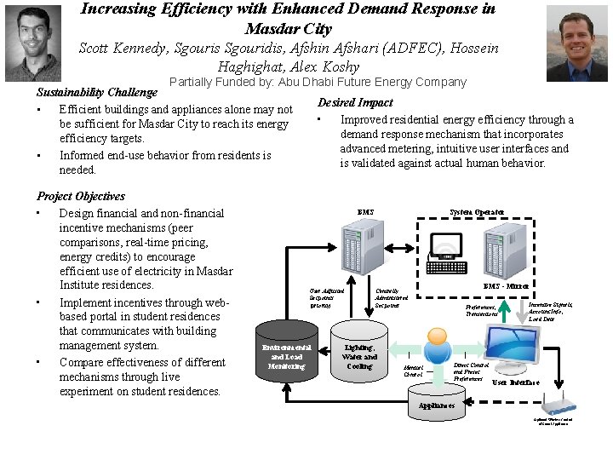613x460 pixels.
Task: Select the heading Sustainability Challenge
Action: coord(97,92)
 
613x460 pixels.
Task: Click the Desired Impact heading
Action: coord(355,102)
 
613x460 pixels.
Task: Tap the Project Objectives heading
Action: coord(81,196)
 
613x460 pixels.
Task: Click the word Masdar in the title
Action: coord(272,29)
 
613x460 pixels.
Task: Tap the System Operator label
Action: coord(477,212)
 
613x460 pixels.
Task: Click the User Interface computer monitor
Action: coord(529,345)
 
